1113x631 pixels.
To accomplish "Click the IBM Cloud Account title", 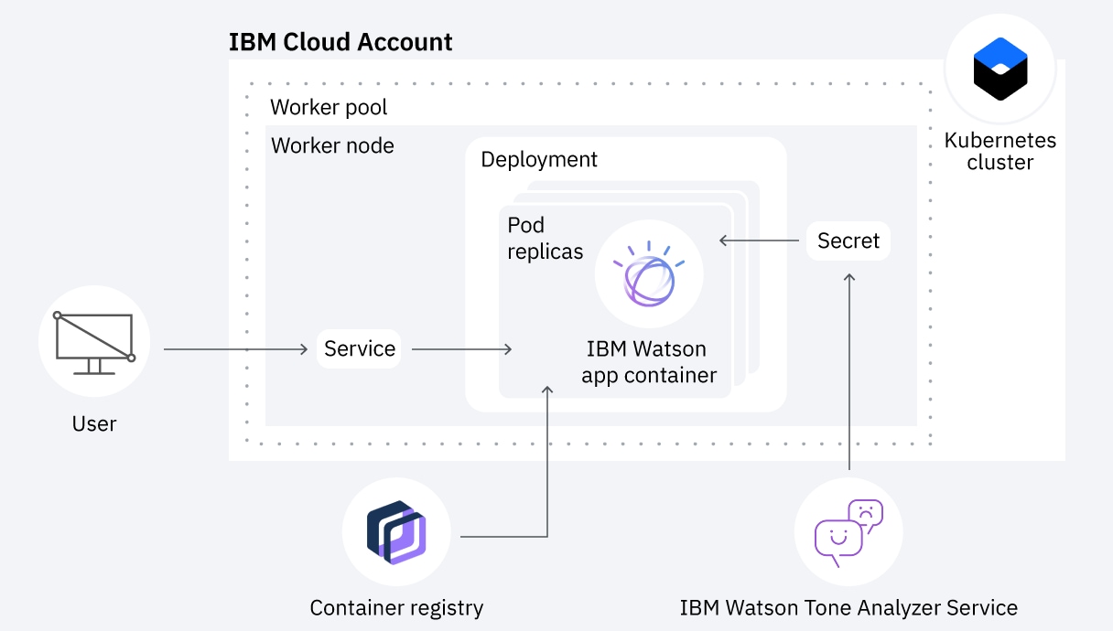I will (340, 42).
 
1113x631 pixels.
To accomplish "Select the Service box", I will (359, 348).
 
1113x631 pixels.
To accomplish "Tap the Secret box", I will (848, 241).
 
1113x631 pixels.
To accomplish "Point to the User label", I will (94, 423).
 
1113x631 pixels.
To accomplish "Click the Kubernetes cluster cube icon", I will (1000, 69).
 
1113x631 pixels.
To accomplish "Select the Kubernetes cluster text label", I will (1000, 152).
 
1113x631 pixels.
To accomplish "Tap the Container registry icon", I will (396, 531).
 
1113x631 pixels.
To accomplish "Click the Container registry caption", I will (396, 607).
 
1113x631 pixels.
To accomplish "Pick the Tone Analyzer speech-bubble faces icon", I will (848, 531).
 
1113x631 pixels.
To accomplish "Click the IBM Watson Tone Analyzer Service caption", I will (848, 607).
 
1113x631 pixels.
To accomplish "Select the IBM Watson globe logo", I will (649, 273).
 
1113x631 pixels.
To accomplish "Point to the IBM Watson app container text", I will (648, 362).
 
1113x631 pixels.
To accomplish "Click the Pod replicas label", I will (545, 239).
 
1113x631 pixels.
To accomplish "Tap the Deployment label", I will (539, 159).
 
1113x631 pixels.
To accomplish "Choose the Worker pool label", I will (329, 107).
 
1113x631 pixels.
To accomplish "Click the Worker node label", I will (332, 145).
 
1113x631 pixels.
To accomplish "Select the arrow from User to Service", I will (235, 349).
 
